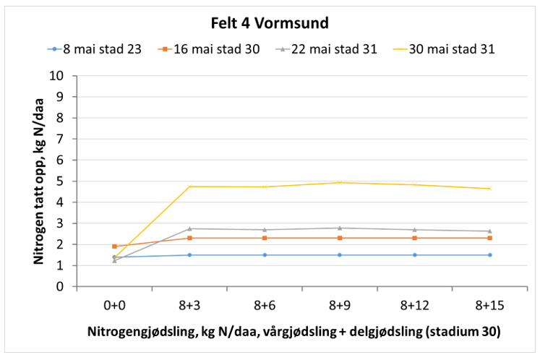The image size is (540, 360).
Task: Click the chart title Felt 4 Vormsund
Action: pyautogui.click(x=270, y=22)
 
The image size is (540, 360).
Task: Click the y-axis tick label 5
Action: pyautogui.click(x=61, y=181)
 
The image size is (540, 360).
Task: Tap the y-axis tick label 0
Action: pyautogui.click(x=61, y=287)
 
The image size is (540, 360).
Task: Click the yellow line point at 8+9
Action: pyautogui.click(x=339, y=182)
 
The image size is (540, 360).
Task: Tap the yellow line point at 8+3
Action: pyautogui.click(x=189, y=187)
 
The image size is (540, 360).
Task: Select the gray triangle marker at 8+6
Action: pyautogui.click(x=265, y=230)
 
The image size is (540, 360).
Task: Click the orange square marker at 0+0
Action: pyautogui.click(x=114, y=247)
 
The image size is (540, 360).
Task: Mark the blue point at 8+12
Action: pyautogui.click(x=414, y=255)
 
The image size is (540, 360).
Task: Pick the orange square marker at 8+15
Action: pyautogui.click(x=489, y=238)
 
